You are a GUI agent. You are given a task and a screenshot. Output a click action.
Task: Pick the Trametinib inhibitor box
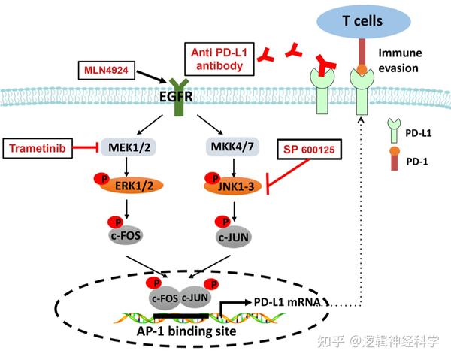(38, 149)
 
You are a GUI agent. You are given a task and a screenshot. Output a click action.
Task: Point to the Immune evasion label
(406, 60)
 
